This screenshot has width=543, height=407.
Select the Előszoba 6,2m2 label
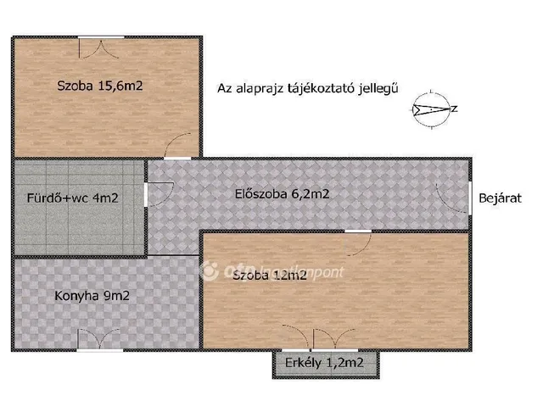[282, 194]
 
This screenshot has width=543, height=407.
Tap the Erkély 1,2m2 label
[327, 366]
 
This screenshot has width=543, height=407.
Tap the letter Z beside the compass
[455, 109]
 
